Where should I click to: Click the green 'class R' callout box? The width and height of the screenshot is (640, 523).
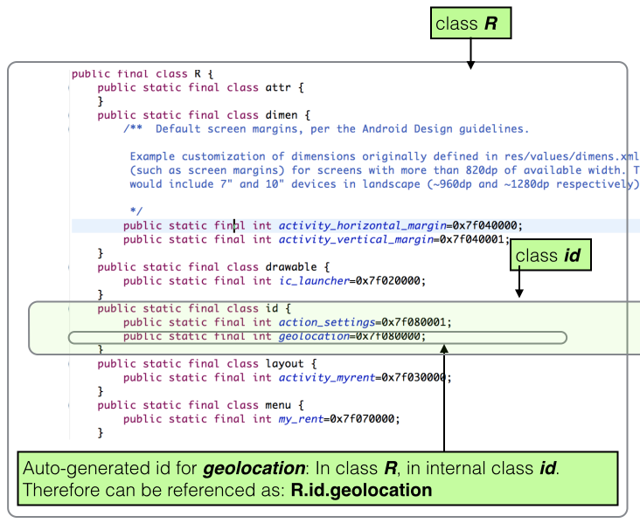coord(470,24)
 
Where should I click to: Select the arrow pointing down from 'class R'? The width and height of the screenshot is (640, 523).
coord(470,53)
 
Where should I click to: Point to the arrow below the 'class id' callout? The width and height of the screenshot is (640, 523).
coord(518,285)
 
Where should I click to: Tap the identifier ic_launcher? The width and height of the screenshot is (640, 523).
coord(313,281)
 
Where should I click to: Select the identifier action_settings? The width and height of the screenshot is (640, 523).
coord(325,322)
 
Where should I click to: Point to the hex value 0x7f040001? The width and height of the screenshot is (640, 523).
coord(472,239)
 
